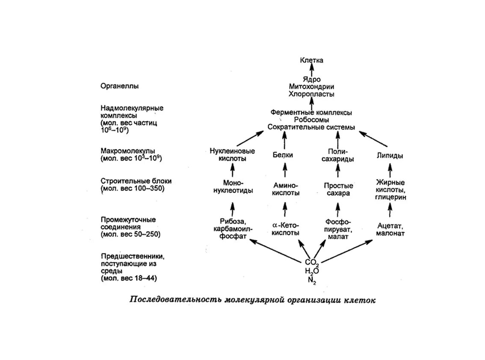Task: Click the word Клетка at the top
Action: [311, 60]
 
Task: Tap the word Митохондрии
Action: [311, 86]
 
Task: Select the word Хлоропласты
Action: [311, 94]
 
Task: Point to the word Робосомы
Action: [311, 119]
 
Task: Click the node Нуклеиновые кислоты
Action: [232, 155]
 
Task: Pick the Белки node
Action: [283, 155]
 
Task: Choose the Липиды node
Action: [390, 156]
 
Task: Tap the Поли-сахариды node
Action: [338, 155]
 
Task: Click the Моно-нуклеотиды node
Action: [232, 186]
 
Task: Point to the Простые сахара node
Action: [338, 189]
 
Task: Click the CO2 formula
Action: [312, 262]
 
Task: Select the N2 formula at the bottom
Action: [311, 280]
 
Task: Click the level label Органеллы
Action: [120, 86]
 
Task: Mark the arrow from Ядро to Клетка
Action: [311, 70]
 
